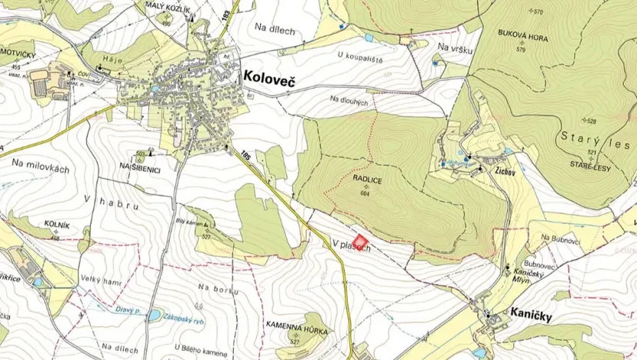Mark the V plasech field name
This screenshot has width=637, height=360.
coord(352,244)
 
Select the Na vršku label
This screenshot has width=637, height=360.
coord(453,48)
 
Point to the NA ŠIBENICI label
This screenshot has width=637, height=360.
coord(139,166)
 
